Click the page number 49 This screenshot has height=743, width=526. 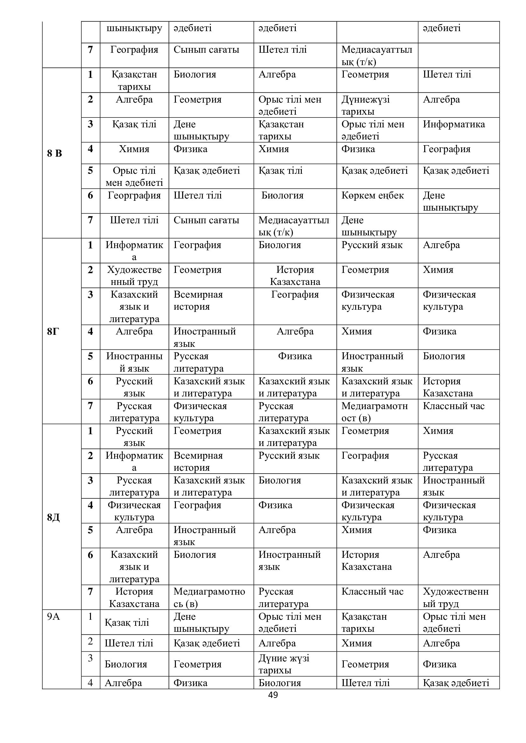273,695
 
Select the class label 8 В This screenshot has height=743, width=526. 54,153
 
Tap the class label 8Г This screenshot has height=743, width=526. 53,331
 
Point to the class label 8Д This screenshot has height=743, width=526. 53,517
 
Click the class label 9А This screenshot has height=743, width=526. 53,616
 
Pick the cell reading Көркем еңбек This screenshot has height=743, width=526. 372,195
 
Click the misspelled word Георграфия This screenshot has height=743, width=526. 134,195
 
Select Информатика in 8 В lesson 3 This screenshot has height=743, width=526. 454,124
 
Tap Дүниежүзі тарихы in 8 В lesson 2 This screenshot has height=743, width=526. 365,105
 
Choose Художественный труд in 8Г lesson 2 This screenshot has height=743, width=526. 134,275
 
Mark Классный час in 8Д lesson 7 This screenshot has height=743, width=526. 372,591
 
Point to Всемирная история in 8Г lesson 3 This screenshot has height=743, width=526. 198,300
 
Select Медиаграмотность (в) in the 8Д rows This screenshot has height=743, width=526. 209,598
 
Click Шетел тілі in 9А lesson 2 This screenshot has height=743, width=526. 128,643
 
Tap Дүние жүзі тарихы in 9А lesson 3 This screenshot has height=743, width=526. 284,664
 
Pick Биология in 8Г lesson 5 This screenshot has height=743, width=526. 444,356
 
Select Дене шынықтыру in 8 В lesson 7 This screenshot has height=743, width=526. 369,226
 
